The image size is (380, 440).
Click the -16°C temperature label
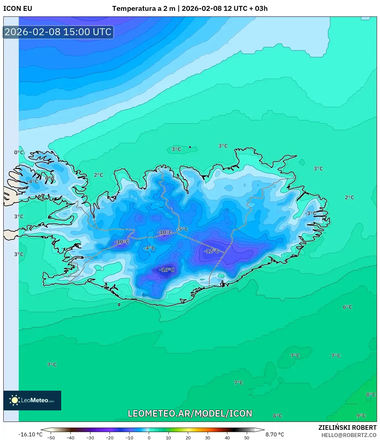[166, 270]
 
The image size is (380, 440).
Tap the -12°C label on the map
[211, 251]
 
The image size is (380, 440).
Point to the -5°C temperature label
[183, 229]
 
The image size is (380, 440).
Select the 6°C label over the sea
[347, 307]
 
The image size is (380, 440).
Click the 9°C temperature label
[361, 416]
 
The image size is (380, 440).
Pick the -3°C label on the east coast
[310, 213]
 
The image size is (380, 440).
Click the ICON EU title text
[18, 9]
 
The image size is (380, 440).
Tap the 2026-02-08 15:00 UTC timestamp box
[58, 32]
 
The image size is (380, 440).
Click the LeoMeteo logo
[32, 400]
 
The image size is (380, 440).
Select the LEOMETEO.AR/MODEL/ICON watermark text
[190, 413]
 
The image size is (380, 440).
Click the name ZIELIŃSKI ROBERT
[347, 428]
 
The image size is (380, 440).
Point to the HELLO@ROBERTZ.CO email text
[349, 435]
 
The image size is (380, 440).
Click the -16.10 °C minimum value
[30, 434]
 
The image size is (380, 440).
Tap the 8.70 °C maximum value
[275, 434]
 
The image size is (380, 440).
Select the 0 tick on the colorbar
[149, 438]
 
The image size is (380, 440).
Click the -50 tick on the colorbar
[51, 438]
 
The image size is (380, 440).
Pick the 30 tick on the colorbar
[208, 438]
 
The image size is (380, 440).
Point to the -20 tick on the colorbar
[110, 438]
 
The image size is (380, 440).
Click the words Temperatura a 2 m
[143, 9]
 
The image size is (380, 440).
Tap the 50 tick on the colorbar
[247, 438]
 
